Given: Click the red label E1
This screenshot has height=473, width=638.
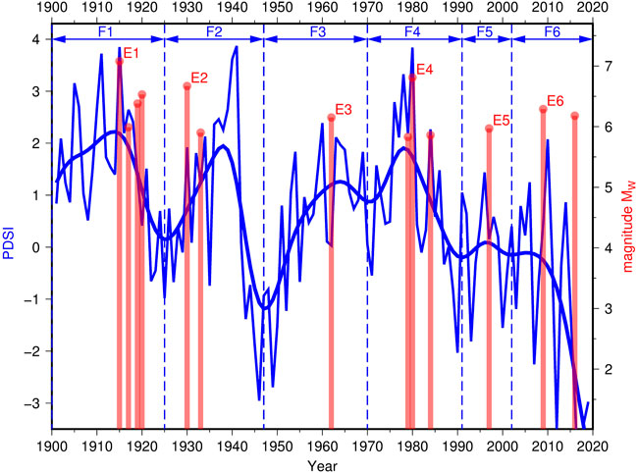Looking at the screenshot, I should coord(131,52).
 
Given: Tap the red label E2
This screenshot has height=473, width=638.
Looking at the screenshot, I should coord(199,78).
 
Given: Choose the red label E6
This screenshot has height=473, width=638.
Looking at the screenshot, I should coord(555,101).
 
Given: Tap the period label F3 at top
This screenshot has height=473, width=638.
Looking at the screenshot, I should coord(316,31).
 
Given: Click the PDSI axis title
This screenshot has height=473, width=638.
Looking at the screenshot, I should coord(13,234).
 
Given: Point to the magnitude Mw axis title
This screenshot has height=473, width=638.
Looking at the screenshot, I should coord(625,234).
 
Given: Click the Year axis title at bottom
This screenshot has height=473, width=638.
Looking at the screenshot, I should coord(323,463).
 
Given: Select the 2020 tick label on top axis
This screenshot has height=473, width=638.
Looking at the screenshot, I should coord(593,10).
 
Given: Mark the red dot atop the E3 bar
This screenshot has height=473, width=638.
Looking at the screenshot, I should coord(332,118).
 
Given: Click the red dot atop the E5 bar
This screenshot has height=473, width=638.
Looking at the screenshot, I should coord(489,129).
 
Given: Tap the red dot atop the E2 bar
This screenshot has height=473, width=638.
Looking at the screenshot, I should coord(186,86).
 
